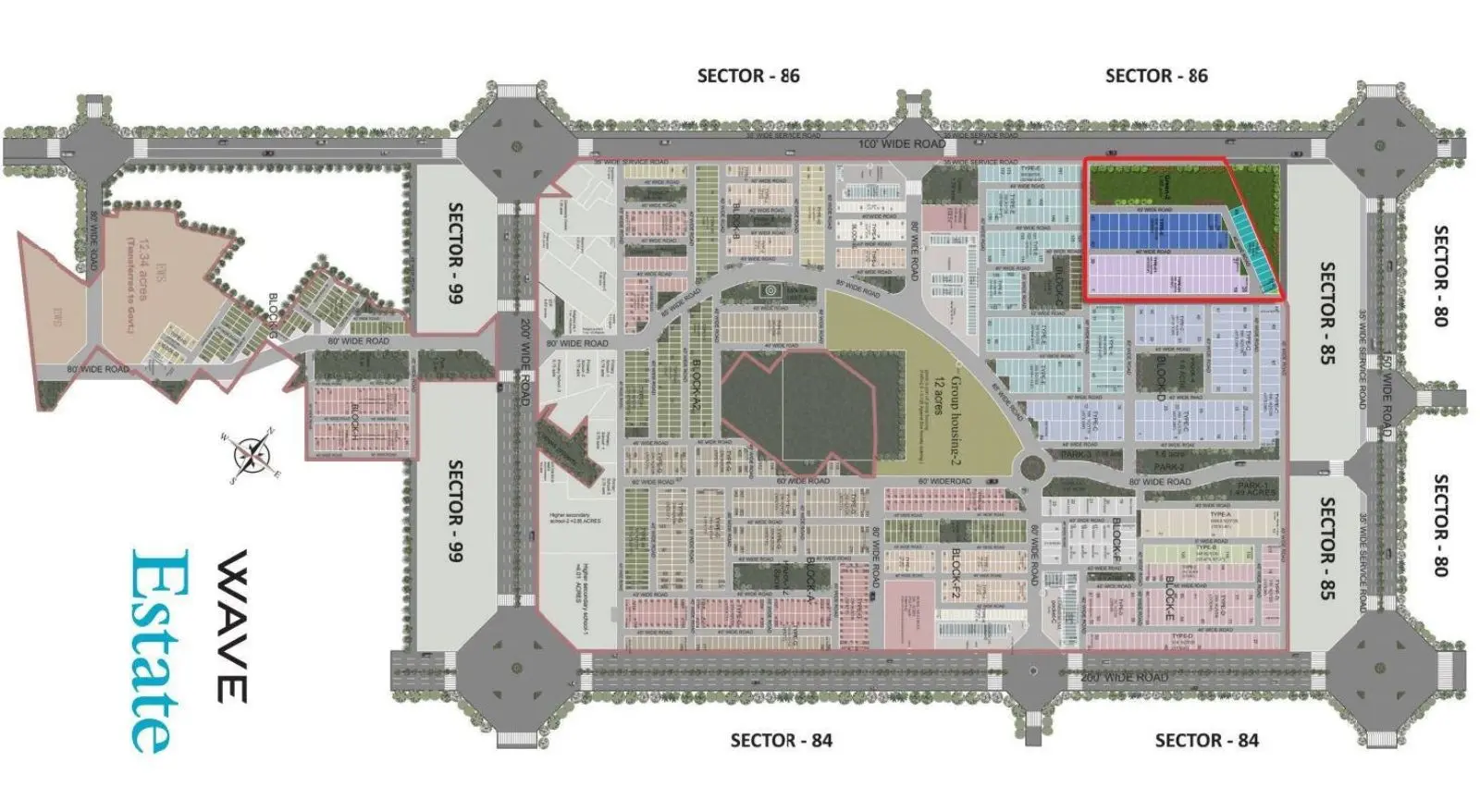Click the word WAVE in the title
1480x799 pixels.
[231, 626]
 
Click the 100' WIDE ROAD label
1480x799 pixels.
[902, 144]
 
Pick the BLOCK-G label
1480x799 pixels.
[274, 314]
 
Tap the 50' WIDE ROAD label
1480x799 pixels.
[1387, 393]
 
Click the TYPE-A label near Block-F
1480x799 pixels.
[1221, 515]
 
